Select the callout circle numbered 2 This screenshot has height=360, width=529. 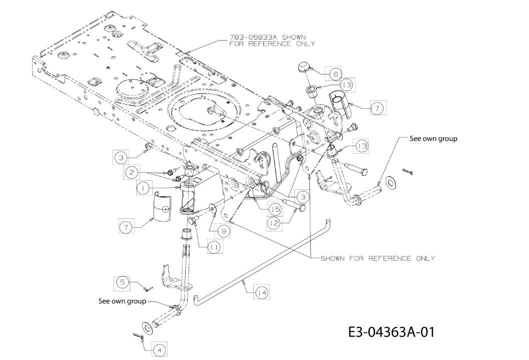click(x=132, y=173)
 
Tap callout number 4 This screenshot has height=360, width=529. click(x=160, y=350)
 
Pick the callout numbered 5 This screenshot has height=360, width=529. click(x=123, y=282)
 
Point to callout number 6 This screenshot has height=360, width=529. click(x=335, y=74)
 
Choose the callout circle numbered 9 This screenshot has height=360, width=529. click(x=224, y=231)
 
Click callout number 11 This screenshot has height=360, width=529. click(x=213, y=247)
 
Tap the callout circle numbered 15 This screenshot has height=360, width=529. click(x=276, y=209)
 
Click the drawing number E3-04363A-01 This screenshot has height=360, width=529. click(x=391, y=331)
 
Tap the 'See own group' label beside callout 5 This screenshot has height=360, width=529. click(x=122, y=300)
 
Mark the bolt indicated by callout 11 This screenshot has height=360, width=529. click(x=193, y=221)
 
